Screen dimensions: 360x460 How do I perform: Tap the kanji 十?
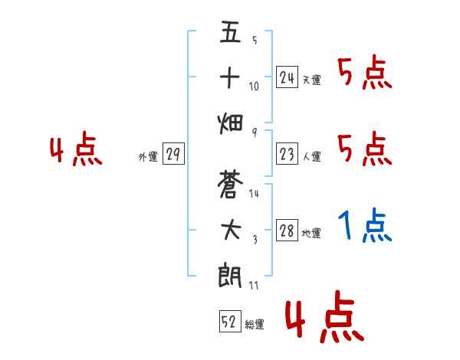tap(230, 78)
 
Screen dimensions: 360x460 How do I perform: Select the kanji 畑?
tap(230, 122)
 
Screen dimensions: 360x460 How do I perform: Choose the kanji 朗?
tap(230, 275)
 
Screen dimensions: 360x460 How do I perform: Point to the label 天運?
tap(311, 80)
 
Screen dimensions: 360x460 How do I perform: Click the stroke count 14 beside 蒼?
tap(255, 194)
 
